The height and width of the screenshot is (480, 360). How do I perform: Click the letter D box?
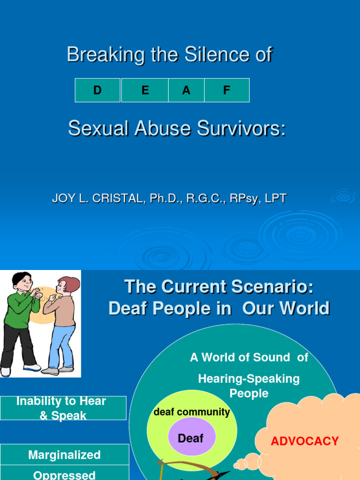(97, 90)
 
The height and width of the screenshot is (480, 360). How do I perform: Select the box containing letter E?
(145, 90)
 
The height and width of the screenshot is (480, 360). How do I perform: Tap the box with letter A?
(186, 90)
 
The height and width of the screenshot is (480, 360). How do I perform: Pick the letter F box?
(227, 90)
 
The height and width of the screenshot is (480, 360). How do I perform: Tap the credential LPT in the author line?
(275, 198)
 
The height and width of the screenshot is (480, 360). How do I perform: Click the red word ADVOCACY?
(305, 441)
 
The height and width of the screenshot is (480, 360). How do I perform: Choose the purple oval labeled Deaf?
(191, 438)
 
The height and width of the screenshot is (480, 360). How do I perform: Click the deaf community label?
(192, 412)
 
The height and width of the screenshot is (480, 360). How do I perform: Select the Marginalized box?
(64, 455)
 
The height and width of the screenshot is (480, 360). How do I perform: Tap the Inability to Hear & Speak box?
(63, 408)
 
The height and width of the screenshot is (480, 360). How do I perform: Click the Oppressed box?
(64, 474)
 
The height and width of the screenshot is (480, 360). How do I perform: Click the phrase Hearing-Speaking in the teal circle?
(249, 378)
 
